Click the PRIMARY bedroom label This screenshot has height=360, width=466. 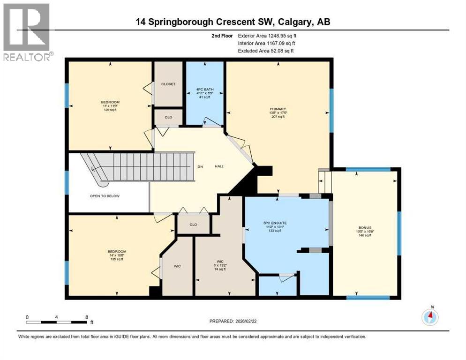[278, 109]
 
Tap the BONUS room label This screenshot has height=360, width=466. [364, 227]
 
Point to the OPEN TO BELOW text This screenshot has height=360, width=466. [105, 196]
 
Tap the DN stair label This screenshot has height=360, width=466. [201, 166]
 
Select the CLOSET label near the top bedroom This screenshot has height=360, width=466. [168, 84]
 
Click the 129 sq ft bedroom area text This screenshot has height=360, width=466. [110, 110]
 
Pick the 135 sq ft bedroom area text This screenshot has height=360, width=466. [117, 259]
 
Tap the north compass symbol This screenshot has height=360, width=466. [430, 317]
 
